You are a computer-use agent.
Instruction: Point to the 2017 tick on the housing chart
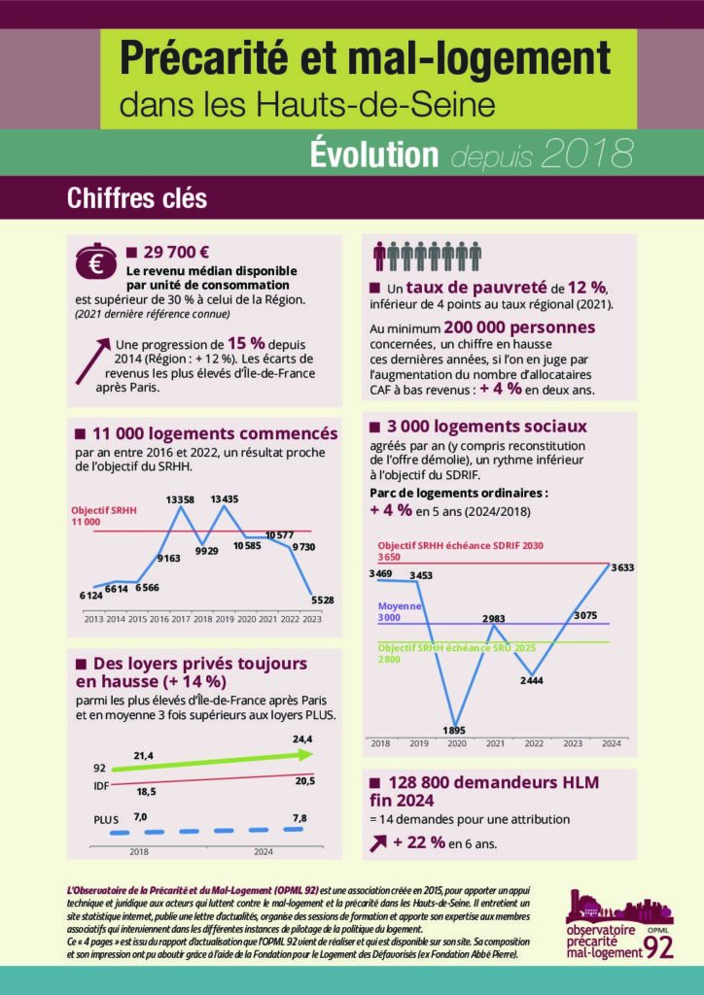[179, 618]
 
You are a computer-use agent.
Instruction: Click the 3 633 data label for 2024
[619, 567]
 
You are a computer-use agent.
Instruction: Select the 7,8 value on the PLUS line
[299, 818]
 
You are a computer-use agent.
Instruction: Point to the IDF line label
[100, 785]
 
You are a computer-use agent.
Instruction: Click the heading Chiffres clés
[137, 198]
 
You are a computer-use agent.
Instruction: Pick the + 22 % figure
[419, 842]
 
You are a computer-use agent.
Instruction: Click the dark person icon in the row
[379, 256]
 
